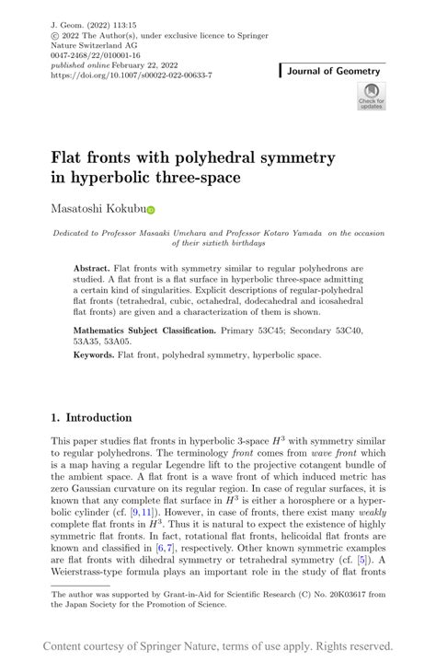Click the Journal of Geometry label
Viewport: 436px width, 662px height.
point(333,71)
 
